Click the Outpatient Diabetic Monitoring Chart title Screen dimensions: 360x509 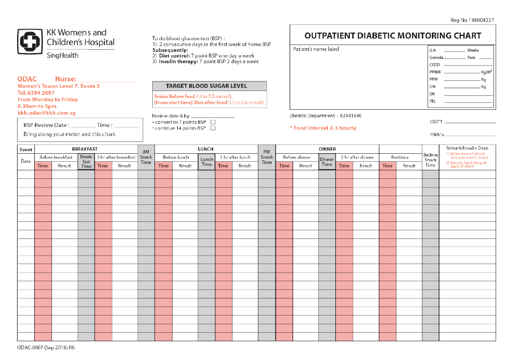coord(393,36)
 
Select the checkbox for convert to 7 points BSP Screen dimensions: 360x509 coord(213,122)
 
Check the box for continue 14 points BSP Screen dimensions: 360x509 coord(213,129)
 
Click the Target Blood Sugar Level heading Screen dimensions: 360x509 coord(209,86)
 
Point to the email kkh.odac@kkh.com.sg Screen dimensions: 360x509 coord(46,113)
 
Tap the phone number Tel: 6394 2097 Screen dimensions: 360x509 coord(36,93)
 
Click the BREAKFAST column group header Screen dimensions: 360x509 coord(85,148)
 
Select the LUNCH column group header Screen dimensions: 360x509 coord(206,148)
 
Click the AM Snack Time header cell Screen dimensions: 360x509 coord(146,157)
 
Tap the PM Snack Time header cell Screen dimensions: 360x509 coord(267,157)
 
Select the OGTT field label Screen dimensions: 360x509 coord(436,122)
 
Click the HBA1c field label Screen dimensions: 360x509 coord(437,134)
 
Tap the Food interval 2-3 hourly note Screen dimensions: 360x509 coord(323,128)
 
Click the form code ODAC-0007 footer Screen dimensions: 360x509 coord(46,348)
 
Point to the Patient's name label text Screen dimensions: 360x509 coord(316,49)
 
